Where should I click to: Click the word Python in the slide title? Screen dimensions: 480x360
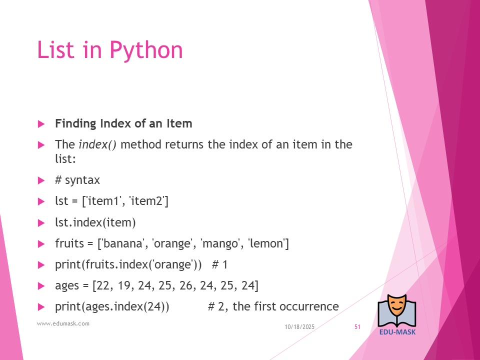coord(146,50)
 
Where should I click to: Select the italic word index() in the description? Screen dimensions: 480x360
coord(97,145)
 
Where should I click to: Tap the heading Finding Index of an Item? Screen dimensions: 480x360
coord(123,123)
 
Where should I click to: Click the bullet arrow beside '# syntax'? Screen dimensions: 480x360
coord(41,180)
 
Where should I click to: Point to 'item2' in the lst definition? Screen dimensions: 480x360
coord(149,201)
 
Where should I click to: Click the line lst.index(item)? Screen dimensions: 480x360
coord(95,222)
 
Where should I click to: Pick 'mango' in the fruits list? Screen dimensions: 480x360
coord(220,244)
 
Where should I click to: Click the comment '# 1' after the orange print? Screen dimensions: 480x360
coord(220,265)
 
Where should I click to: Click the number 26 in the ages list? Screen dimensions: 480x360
coord(186,285)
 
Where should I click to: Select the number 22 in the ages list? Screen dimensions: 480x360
coord(103,285)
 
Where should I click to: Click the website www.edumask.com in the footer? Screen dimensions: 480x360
coord(63,323)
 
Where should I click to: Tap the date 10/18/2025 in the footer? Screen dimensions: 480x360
coord(299,327)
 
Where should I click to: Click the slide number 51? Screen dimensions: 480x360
coord(357,327)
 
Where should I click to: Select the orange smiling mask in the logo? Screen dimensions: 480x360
coord(396,305)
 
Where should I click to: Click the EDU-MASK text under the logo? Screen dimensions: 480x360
coord(397,332)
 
